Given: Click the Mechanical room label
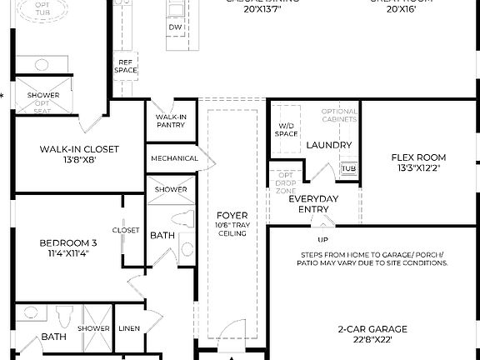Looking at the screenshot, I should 174,158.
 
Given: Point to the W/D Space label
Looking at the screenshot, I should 287,130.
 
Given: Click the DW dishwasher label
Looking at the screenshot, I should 175,27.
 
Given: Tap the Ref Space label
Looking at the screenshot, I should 126,66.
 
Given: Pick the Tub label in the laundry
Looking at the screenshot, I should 348,167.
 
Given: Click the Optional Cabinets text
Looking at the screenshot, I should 339,115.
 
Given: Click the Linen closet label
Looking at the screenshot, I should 127,329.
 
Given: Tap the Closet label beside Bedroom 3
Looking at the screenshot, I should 126,230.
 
